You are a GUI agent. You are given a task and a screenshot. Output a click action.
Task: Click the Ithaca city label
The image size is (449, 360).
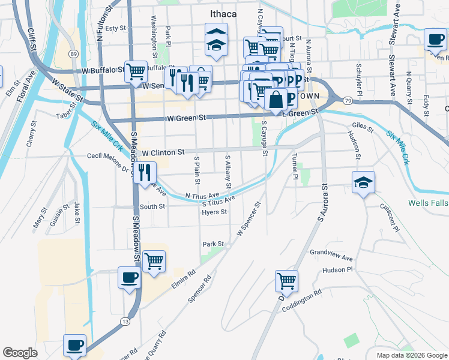(223, 14)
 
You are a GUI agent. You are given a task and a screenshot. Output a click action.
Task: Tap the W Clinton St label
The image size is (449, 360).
(162, 153)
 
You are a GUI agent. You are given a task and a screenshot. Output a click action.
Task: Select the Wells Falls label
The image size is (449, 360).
(427, 203)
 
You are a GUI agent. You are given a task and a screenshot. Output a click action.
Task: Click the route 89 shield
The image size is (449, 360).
(73, 54)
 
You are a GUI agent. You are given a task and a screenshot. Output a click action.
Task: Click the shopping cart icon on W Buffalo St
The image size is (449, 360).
(136, 71)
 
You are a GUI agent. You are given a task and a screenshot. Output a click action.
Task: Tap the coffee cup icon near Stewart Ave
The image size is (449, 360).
(435, 40)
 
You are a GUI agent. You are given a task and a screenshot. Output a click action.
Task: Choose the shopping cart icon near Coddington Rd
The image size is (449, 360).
(286, 280)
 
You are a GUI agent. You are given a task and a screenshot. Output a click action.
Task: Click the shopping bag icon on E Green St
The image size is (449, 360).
(276, 99)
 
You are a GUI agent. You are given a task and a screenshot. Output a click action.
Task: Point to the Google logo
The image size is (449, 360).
(20, 353)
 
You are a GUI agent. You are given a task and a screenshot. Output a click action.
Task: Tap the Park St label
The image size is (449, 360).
(213, 244)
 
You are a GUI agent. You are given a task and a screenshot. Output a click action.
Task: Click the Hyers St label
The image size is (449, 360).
(214, 212)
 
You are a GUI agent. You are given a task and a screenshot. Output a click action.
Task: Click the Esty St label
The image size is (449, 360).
(115, 28)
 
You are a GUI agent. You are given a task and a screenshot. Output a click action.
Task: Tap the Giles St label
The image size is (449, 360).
(363, 128)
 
